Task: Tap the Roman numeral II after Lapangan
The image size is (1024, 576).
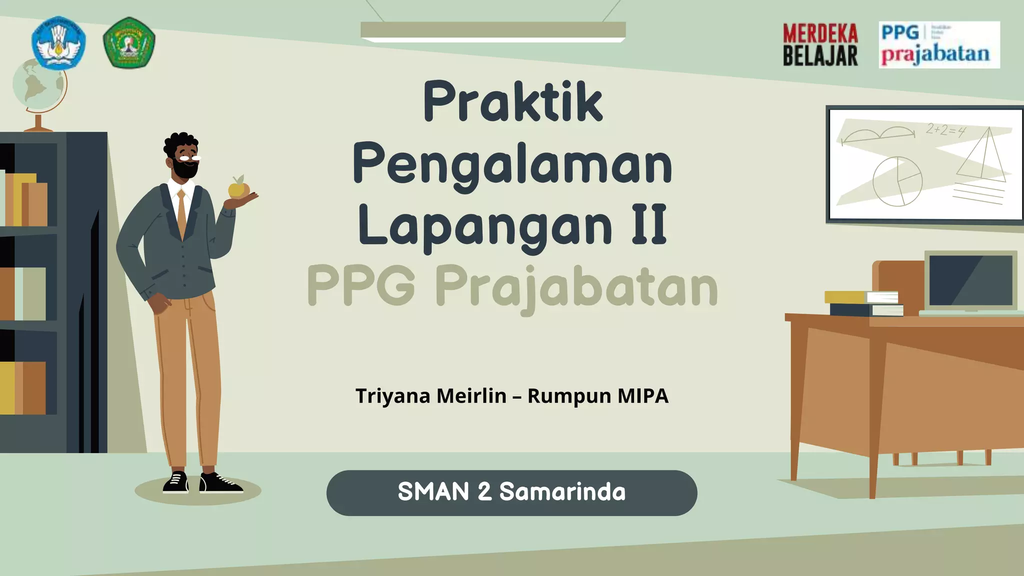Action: click(x=649, y=225)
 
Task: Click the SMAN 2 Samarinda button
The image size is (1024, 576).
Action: click(x=511, y=492)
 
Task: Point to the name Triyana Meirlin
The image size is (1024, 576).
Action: click(x=431, y=396)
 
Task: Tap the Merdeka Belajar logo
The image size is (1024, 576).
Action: click(x=820, y=45)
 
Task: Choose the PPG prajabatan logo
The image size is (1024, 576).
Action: click(x=939, y=45)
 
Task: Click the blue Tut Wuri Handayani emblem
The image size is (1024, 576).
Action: click(x=58, y=42)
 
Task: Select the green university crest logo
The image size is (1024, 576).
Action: click(x=129, y=42)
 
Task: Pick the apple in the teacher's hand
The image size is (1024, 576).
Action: click(x=238, y=188)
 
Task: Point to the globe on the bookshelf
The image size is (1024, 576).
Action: click(x=39, y=87)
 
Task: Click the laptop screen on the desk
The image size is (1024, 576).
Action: click(x=970, y=280)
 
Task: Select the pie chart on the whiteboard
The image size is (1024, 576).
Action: click(x=897, y=181)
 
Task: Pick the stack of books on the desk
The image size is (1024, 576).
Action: click(x=864, y=303)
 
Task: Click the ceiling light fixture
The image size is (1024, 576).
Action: click(x=493, y=31)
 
